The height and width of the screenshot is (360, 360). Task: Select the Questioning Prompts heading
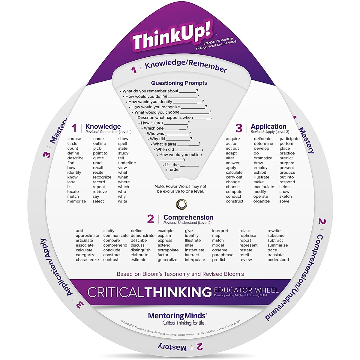[179, 83]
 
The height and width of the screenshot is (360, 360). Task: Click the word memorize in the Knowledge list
[76, 201]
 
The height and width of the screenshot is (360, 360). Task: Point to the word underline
[127, 163]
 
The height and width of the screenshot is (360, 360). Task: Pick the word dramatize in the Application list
[263, 158]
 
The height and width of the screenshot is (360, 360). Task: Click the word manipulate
[264, 187]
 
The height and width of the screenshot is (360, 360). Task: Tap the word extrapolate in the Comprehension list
[168, 250]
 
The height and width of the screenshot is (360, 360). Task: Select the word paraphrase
[223, 255]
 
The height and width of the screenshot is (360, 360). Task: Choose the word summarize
[277, 245]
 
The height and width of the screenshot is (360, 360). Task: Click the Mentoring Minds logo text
[177, 316]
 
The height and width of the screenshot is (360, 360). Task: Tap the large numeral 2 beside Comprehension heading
[150, 219]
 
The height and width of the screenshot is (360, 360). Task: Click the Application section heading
[268, 127]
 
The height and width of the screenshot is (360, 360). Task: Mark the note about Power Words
[180, 189]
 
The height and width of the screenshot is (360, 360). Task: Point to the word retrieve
[100, 192]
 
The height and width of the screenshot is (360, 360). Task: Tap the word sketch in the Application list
[285, 196]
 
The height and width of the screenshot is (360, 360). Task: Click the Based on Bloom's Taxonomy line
[180, 274]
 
